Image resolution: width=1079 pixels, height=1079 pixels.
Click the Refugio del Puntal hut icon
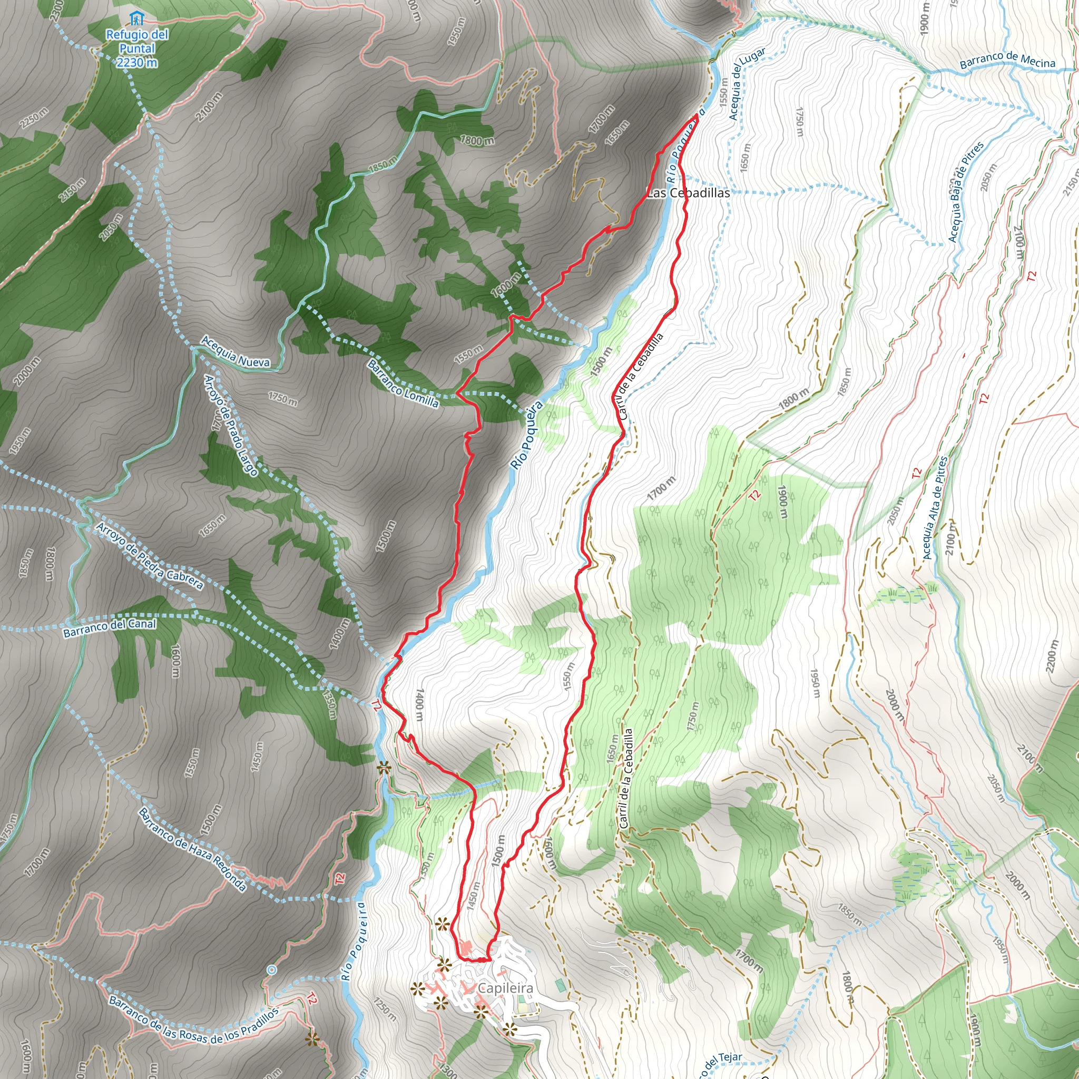(x=136, y=19)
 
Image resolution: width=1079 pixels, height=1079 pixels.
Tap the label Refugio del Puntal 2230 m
(x=137, y=48)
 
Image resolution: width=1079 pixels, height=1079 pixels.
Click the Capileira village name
(x=505, y=988)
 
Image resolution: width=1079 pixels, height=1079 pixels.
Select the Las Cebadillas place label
(x=688, y=193)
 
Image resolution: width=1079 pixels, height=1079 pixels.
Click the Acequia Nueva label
(x=235, y=352)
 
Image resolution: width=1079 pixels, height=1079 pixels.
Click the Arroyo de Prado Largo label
(x=230, y=426)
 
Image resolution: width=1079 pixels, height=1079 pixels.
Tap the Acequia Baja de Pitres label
(x=965, y=192)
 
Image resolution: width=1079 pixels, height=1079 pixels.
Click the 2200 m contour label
(x=1052, y=655)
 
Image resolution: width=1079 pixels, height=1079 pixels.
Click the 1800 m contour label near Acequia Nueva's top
(x=476, y=140)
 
